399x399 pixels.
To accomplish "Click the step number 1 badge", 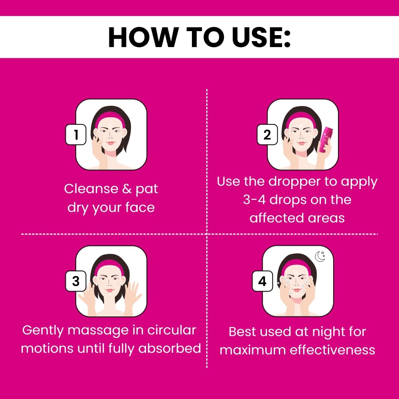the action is coord(76,134).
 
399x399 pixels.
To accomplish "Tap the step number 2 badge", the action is coord(267,134).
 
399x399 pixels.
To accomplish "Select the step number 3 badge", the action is coord(76,281).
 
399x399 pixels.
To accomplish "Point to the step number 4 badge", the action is coord(263,281).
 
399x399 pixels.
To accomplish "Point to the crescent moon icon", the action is coord(320,256).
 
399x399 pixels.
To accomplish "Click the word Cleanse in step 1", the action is coord(91,189).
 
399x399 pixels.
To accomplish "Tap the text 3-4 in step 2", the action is coord(254,199).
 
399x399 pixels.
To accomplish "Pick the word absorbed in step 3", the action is coord(170,348).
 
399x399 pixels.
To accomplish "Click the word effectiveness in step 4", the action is coord(332,350).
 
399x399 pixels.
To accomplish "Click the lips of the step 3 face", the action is coord(109,290).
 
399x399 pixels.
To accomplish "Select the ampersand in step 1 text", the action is coord(127,189).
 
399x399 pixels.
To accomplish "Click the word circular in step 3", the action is coord(172,330).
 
